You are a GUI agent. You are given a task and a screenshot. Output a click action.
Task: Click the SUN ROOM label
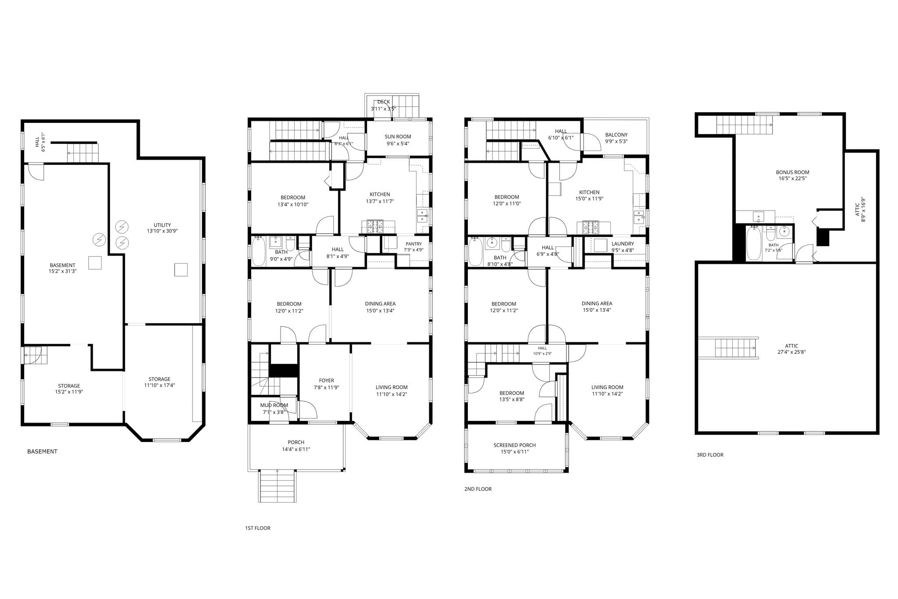coord(398,136)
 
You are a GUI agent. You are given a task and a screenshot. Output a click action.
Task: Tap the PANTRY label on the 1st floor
coord(413,244)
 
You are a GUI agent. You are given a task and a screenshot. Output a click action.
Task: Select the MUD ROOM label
coord(274,405)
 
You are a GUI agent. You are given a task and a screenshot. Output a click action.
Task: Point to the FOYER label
coord(326,381)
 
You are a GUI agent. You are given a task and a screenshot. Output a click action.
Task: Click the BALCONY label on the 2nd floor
coord(616,135)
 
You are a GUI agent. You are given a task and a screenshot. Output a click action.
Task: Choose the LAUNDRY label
coord(623,244)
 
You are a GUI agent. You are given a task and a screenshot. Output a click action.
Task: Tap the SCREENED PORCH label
coord(514,445)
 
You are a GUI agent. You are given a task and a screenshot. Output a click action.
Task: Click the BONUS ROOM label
coord(792,172)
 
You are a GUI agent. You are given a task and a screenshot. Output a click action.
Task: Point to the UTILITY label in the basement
coord(162,225)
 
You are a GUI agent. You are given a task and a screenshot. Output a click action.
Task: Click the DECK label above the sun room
coord(383,102)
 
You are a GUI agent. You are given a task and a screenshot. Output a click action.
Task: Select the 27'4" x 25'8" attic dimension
coord(791,352)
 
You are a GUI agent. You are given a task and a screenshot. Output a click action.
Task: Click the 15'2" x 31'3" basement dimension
coord(62,271)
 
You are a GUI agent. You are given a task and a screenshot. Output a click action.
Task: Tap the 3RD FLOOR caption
coord(710,455)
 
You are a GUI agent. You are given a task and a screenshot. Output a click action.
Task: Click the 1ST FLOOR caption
coord(257,528)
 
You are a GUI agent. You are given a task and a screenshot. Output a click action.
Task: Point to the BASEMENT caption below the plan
coord(42,451)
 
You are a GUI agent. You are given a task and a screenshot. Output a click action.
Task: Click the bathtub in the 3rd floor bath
coord(754,243)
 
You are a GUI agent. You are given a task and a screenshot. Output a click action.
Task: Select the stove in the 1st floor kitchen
coord(372,227)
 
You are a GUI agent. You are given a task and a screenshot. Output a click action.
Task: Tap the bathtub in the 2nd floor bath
coord(476,251)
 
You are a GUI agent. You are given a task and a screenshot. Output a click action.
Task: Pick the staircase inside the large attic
coord(728,348)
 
